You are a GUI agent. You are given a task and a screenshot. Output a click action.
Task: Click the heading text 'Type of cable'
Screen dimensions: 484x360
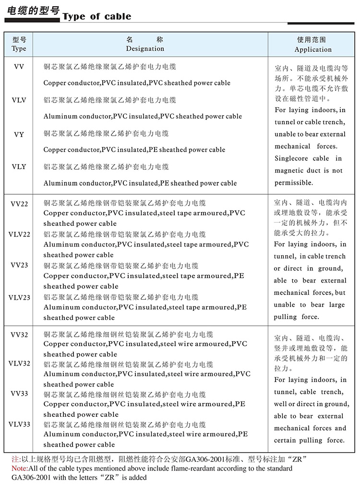pyautogui.click(x=96, y=17)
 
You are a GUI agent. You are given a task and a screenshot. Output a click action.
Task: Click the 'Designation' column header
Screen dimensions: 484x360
pyautogui.click(x=145, y=48)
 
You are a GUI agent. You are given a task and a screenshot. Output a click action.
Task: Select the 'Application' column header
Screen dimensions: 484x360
pyautogui.click(x=313, y=49)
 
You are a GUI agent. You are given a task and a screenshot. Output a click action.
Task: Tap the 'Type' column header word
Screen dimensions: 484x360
pyautogui.click(x=19, y=48)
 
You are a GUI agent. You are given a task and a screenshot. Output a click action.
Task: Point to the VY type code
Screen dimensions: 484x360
pyautogui.click(x=19, y=134)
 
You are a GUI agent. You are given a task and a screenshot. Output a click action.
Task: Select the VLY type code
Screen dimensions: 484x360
pyautogui.click(x=19, y=166)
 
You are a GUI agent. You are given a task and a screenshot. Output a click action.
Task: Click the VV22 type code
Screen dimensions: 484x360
pyautogui.click(x=19, y=204)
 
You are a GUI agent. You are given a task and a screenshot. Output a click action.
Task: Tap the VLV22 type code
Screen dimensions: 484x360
pyautogui.click(x=19, y=234)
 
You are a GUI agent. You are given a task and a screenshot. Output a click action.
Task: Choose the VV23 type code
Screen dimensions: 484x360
pyautogui.click(x=19, y=265)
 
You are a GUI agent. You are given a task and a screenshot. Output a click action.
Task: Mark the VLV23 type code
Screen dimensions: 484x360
pyautogui.click(x=19, y=297)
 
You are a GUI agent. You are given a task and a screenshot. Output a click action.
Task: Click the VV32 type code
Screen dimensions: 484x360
pyautogui.click(x=19, y=334)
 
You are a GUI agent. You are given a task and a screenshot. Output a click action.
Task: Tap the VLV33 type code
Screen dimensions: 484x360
pyautogui.click(x=19, y=424)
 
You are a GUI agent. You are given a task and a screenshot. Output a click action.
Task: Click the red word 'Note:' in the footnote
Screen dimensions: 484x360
pyautogui.click(x=20, y=468)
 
